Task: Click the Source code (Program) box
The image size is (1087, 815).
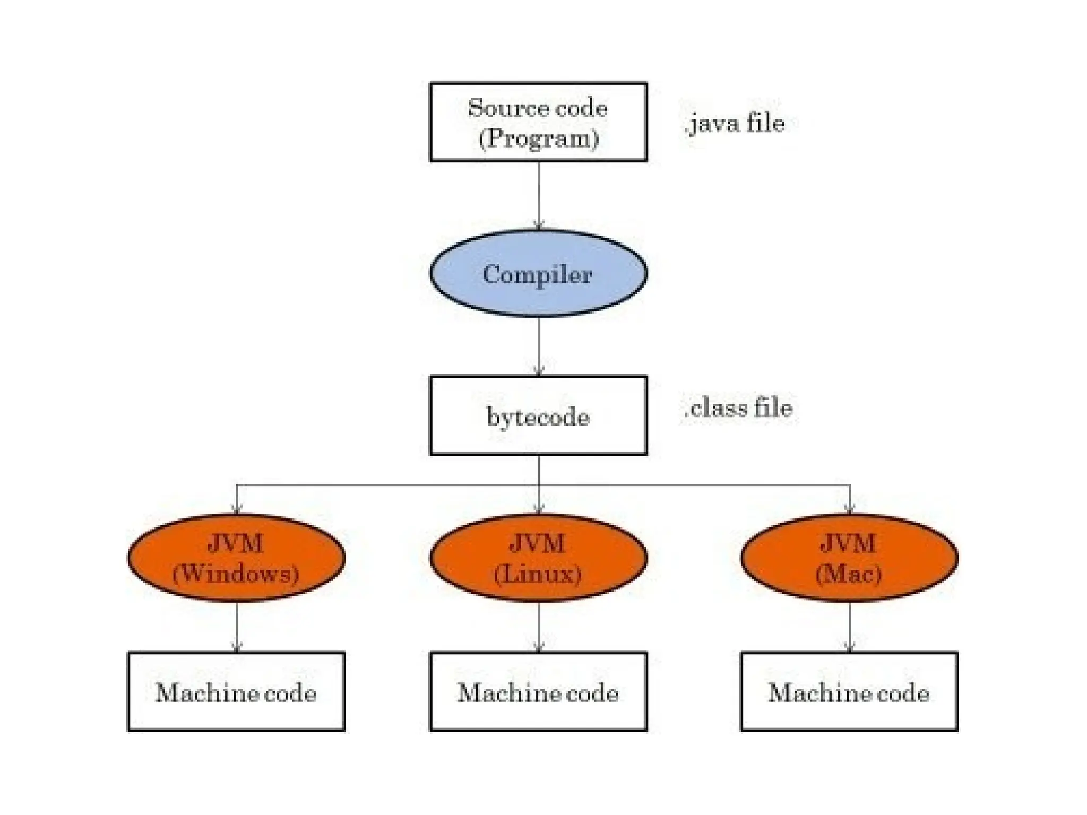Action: pos(538,122)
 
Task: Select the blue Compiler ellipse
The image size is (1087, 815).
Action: pos(538,274)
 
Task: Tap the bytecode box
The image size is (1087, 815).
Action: pos(538,415)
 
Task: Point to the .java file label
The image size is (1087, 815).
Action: pos(736,124)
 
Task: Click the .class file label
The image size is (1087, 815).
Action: pos(739,408)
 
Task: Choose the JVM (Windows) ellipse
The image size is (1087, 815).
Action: pos(237,557)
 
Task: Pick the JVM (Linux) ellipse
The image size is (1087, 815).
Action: pos(538,557)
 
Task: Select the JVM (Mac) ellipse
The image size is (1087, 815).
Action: pos(849,557)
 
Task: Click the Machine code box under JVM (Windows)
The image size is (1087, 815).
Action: pos(237,691)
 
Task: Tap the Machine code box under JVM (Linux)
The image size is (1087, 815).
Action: pos(538,691)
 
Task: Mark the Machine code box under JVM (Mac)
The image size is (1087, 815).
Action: pos(849,691)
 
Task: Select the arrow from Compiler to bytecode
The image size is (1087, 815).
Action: pos(539,346)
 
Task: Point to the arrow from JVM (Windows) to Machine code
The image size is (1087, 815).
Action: pos(237,626)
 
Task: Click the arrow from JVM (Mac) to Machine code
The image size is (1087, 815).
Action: pos(850,626)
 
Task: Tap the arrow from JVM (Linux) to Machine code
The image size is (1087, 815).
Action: pos(539,626)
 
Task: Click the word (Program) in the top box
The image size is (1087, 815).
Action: pos(539,138)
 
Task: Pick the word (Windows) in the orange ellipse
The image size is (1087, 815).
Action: pos(236,574)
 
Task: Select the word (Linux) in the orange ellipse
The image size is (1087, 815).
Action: pos(538,574)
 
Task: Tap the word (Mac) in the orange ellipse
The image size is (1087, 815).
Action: pos(849,574)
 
